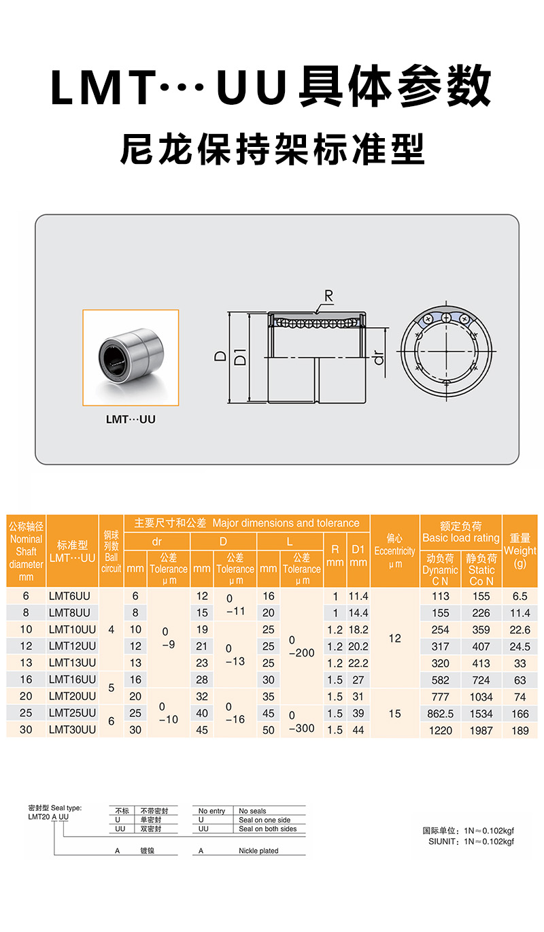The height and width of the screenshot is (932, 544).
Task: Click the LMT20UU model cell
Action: pos(72,696)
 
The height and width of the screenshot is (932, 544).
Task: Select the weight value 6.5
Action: pos(520,596)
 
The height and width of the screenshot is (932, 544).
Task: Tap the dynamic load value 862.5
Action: pos(441,714)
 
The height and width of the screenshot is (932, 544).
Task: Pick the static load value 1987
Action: pos(481,730)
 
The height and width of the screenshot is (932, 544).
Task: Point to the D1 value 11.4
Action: pos(358,596)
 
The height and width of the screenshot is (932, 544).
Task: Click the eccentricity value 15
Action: pos(394,714)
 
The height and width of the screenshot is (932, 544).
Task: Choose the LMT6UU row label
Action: pos(69,596)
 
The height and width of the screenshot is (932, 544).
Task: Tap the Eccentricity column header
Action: pos(394,551)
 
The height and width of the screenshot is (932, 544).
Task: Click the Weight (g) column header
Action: pos(520,551)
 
